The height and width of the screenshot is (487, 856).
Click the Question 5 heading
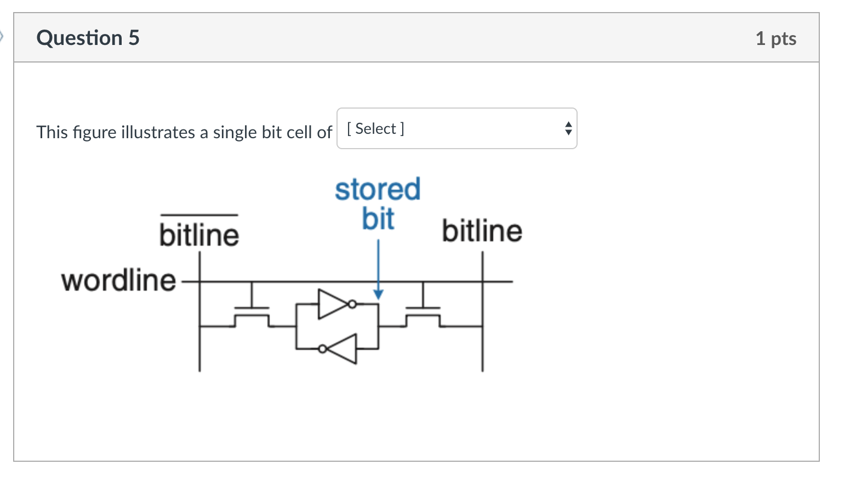coord(88,38)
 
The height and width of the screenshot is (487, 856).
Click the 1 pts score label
coord(775,38)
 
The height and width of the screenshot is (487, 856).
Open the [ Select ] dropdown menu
coord(456,128)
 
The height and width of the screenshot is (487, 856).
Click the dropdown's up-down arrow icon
coord(568,128)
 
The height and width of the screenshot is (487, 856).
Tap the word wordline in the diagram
coord(118,280)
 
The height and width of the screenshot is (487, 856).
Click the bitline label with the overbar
coord(199,235)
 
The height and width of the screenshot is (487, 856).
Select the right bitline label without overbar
coord(482,231)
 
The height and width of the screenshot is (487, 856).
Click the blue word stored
coord(378,190)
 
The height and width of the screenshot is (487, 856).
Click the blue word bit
coord(378,219)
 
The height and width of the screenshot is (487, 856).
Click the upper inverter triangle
coord(330,304)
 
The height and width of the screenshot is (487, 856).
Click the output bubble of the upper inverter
coord(352,304)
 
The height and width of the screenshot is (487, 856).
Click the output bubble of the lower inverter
coord(323,349)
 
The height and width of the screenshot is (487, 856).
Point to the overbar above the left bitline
coord(199,215)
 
